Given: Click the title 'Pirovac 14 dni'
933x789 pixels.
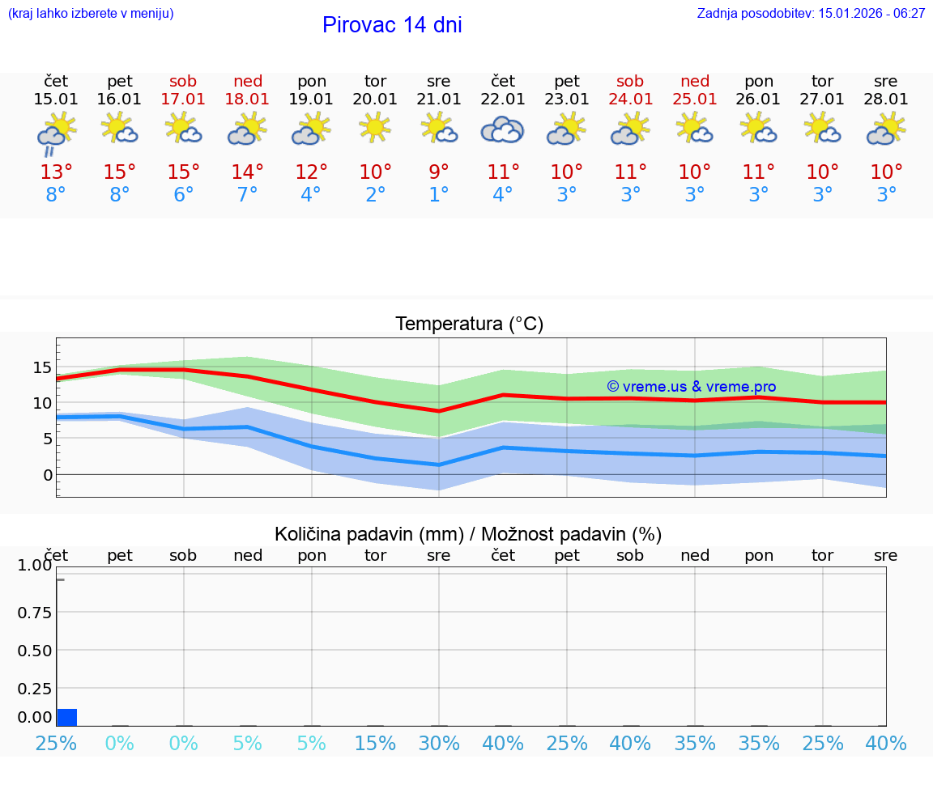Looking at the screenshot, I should click(x=392, y=25).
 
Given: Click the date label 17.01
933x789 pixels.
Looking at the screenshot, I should click(x=183, y=100).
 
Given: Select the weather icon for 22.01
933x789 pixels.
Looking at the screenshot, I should click(x=502, y=129).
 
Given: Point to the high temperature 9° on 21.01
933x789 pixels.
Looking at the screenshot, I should click(x=439, y=172).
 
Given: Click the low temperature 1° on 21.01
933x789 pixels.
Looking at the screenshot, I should click(x=439, y=195).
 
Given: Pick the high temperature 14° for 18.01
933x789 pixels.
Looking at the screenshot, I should click(x=247, y=172).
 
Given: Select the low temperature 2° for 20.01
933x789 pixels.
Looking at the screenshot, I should click(x=375, y=195).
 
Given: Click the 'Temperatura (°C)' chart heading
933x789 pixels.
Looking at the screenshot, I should click(x=469, y=325).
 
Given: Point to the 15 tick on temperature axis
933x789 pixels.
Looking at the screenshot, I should click(x=42, y=367).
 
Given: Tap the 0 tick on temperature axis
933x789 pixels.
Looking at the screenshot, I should click(x=47, y=475).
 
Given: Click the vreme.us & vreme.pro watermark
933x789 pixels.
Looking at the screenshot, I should click(x=691, y=387).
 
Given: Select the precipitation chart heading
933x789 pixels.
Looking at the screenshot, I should click(x=468, y=534).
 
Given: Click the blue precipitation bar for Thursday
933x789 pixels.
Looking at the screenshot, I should click(x=67, y=717).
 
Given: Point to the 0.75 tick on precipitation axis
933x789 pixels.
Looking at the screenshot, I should click(x=35, y=613).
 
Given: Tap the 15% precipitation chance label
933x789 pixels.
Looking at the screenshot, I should click(x=375, y=743).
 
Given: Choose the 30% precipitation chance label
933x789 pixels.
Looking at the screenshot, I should click(x=439, y=743).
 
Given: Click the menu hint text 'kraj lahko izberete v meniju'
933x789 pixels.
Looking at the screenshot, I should click(x=91, y=13).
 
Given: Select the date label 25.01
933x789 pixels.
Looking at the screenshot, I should click(x=694, y=100).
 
